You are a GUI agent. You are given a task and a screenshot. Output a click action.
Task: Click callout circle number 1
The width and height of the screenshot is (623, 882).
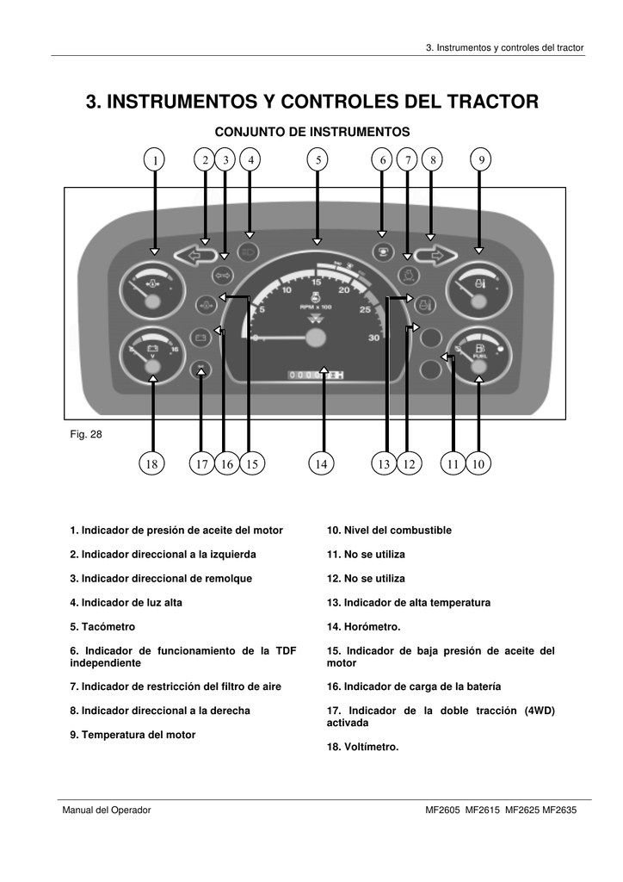click(x=155, y=159)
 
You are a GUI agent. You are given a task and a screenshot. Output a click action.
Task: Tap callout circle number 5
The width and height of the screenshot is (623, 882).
click(x=318, y=159)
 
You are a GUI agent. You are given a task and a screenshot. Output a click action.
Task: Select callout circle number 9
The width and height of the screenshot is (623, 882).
click(x=482, y=159)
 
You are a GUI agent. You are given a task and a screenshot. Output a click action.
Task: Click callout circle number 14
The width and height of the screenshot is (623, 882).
click(x=321, y=464)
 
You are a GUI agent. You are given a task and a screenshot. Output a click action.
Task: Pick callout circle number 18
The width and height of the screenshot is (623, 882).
click(x=152, y=464)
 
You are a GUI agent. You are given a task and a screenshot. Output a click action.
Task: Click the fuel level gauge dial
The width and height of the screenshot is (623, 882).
click(x=477, y=357)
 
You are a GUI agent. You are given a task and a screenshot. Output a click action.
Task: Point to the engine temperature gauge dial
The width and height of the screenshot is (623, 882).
click(x=477, y=293)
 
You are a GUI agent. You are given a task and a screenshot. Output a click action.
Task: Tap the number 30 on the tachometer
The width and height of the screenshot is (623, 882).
click(x=373, y=339)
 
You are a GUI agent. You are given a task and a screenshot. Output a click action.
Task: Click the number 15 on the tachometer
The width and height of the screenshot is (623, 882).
click(x=317, y=282)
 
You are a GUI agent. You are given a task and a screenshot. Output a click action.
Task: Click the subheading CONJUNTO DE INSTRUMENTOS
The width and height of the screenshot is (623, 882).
click(x=311, y=132)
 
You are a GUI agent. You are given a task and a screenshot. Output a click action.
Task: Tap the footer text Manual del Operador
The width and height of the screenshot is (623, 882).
click(x=106, y=811)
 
